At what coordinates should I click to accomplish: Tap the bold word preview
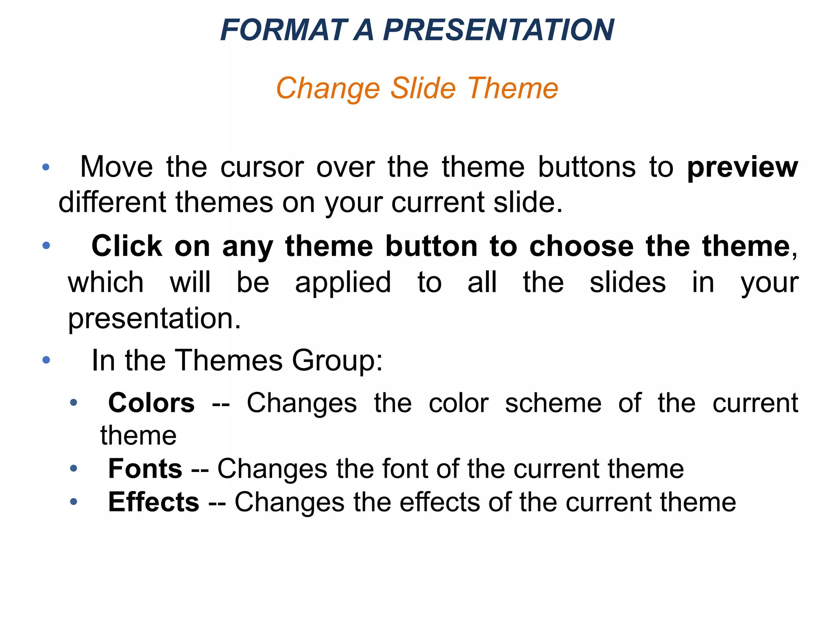[742, 167]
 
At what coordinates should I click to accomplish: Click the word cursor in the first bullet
[262, 167]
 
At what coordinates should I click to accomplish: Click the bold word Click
[127, 246]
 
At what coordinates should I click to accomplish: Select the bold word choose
[581, 246]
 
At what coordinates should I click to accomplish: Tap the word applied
[343, 282]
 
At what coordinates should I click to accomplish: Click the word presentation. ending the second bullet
[155, 318]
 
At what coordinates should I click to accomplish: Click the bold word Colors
[151, 403]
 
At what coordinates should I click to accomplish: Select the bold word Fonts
[145, 469]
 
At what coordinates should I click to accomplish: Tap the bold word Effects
[154, 502]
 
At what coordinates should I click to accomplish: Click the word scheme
[553, 403]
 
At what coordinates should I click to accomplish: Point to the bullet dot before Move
[46, 167]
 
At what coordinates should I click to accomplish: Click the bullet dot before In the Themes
[46, 360]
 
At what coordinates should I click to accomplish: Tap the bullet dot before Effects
[73, 502]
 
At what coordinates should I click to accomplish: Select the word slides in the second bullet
[628, 282]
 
